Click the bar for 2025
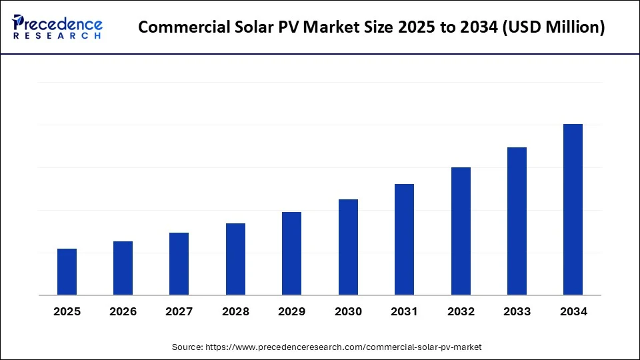click(x=67, y=272)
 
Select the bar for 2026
click(x=123, y=268)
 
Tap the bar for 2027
click(x=179, y=264)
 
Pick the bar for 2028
click(x=235, y=259)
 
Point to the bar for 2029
click(x=291, y=253)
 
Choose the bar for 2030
click(x=348, y=247)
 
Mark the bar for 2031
click(x=404, y=239)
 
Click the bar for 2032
click(x=461, y=231)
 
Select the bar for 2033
click(x=517, y=221)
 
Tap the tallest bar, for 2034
click(x=573, y=209)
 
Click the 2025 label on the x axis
click(x=67, y=311)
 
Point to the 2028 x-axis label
click(x=235, y=311)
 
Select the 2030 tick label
click(x=348, y=311)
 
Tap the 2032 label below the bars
click(x=461, y=311)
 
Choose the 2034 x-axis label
click(x=573, y=311)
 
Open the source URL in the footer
click(x=344, y=347)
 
